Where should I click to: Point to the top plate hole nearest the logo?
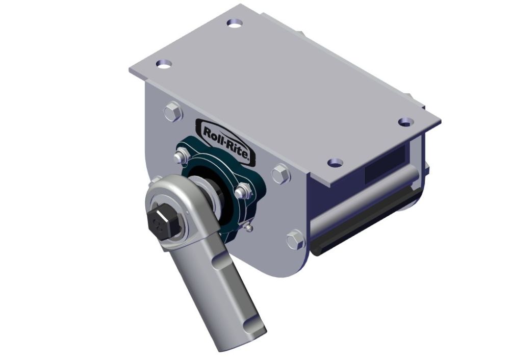(163, 64)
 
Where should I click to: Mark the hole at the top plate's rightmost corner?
(405, 122)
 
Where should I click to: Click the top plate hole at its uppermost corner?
(234, 23)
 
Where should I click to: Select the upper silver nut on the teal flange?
(181, 156)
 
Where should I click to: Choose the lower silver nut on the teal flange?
(242, 192)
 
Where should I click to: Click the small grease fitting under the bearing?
(248, 228)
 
